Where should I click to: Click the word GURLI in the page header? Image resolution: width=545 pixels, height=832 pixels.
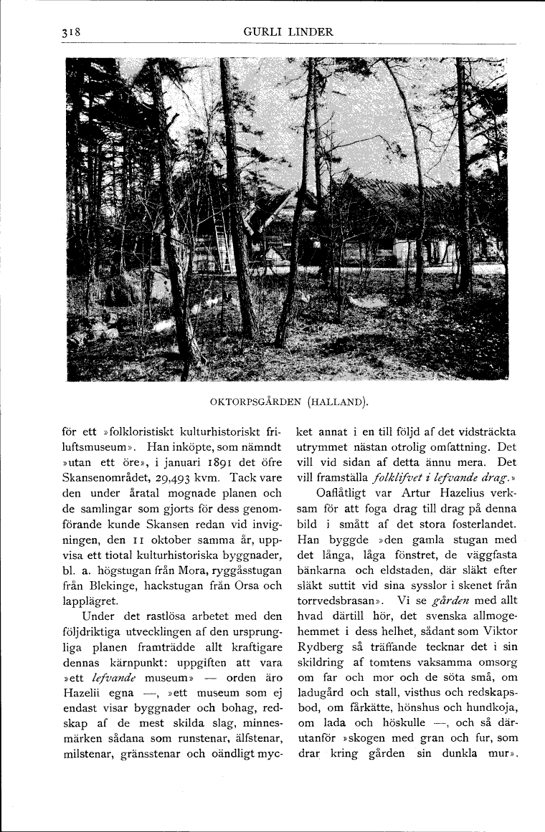[262, 32]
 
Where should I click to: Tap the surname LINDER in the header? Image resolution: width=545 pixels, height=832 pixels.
[310, 32]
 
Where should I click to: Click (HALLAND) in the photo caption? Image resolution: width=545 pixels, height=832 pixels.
[338, 401]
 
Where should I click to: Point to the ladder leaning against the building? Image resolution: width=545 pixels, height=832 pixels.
[222, 246]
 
